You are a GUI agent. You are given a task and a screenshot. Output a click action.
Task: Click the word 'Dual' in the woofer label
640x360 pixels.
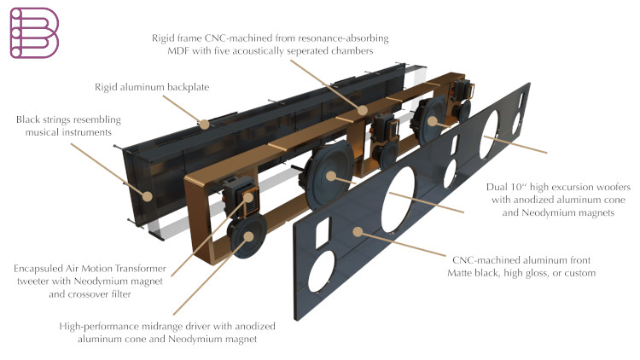pos(497,183)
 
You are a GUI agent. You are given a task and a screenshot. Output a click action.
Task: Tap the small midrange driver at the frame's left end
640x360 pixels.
pos(246,236)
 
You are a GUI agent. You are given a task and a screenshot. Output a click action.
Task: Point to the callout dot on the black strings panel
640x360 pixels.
pos(148,195)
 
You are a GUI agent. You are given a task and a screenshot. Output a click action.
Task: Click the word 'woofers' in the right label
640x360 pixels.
pos(601,183)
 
